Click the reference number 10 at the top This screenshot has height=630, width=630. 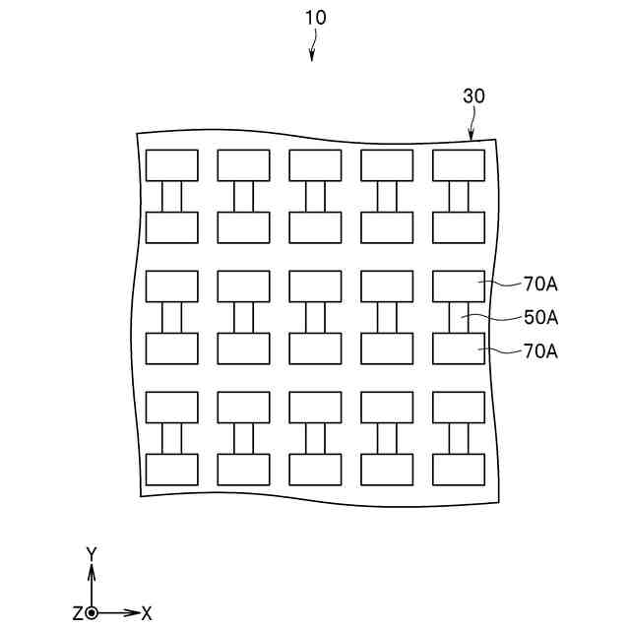316,18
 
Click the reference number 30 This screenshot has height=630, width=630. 473,96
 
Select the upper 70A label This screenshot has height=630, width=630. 540,285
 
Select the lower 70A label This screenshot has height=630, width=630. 540,350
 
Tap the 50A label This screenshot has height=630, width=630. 540,318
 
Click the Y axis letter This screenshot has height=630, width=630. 92,554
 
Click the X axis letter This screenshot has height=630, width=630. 147,613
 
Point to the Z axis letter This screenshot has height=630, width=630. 77,613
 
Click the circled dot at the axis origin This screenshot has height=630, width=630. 92,612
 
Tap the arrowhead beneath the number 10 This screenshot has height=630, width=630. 312,58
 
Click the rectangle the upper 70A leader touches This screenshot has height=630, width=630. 459,286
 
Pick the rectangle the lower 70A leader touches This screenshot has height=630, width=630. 459,348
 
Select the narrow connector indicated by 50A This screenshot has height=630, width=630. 459,318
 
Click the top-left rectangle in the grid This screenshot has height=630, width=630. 172,165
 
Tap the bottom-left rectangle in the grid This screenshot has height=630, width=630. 172,470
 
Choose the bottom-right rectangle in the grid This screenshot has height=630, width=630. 459,470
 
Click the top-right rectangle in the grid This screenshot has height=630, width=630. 459,165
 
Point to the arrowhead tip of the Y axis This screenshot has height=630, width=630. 92,567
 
